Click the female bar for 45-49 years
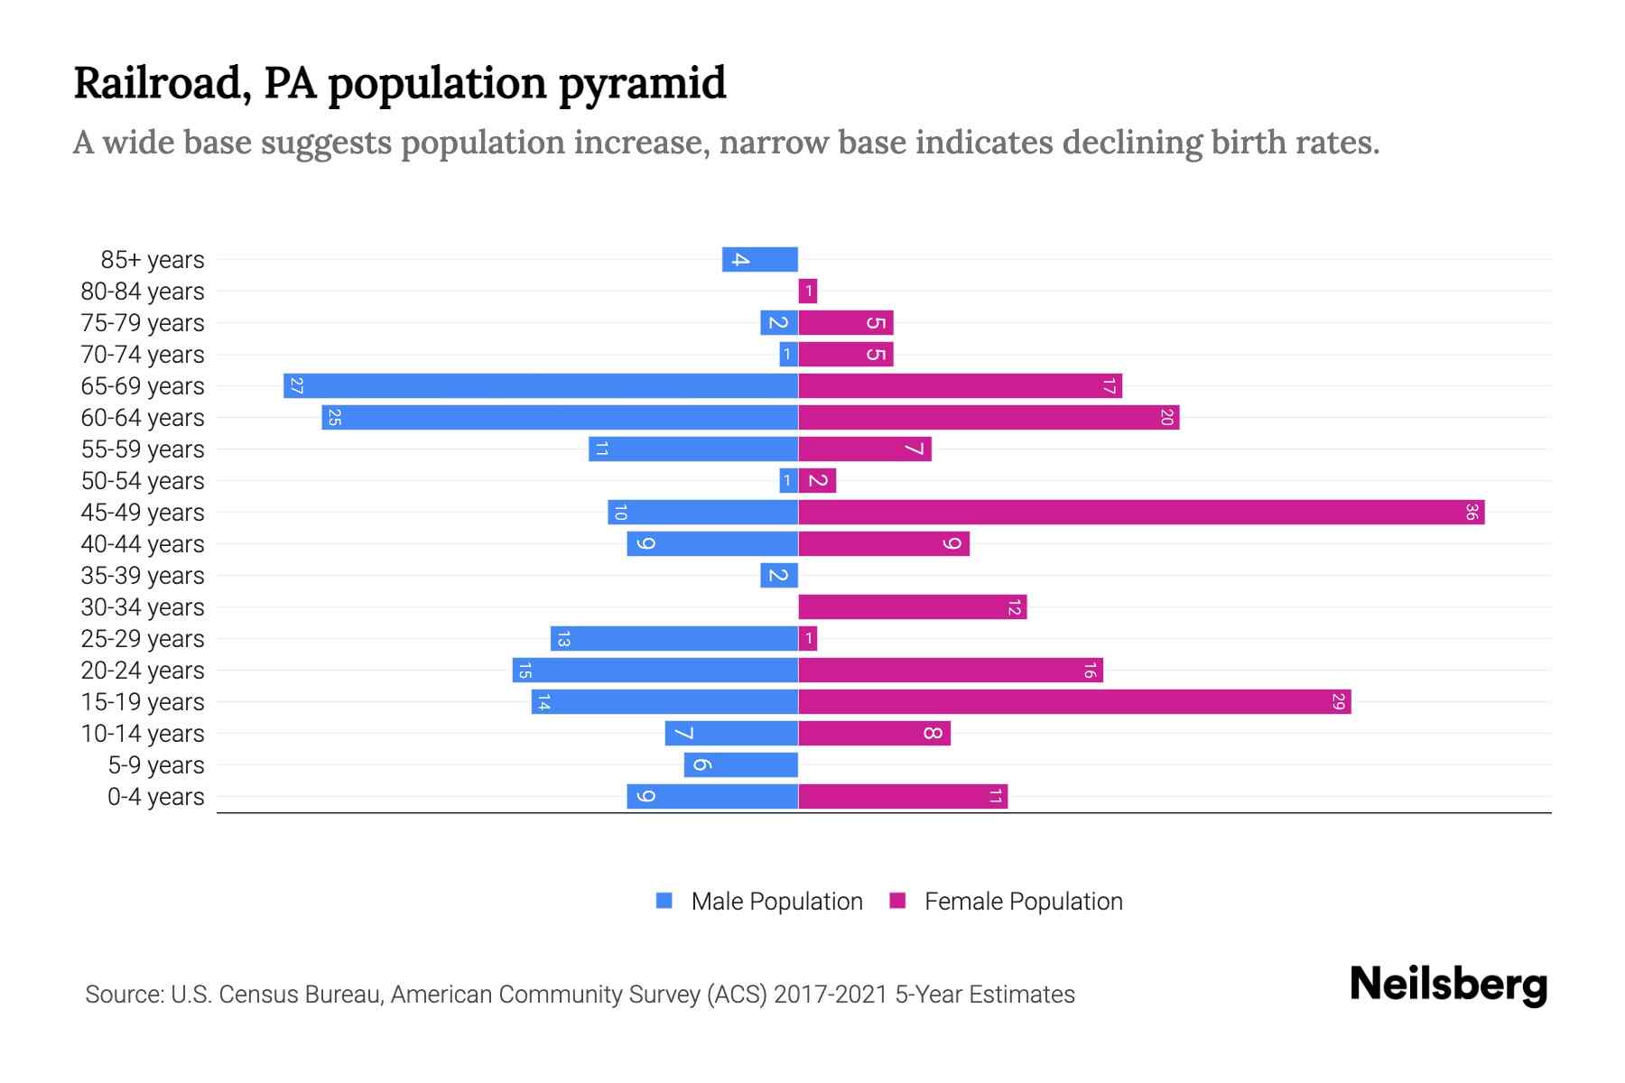coord(1141,513)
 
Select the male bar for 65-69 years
coord(541,386)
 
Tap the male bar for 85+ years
coord(760,260)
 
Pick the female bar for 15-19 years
coord(1074,702)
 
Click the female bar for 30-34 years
coord(913,607)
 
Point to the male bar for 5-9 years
coord(741,765)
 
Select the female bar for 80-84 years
coord(808,292)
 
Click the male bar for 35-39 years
coord(779,576)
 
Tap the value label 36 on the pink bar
coord(1472,513)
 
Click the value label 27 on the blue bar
coord(296,386)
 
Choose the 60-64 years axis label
coord(143,418)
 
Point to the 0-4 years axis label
coord(155,797)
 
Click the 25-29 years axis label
coord(143,639)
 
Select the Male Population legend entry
coord(776,902)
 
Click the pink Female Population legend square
coord(897,901)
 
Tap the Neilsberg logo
coord(1448,985)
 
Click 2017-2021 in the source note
coord(831,995)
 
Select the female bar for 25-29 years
coord(808,639)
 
